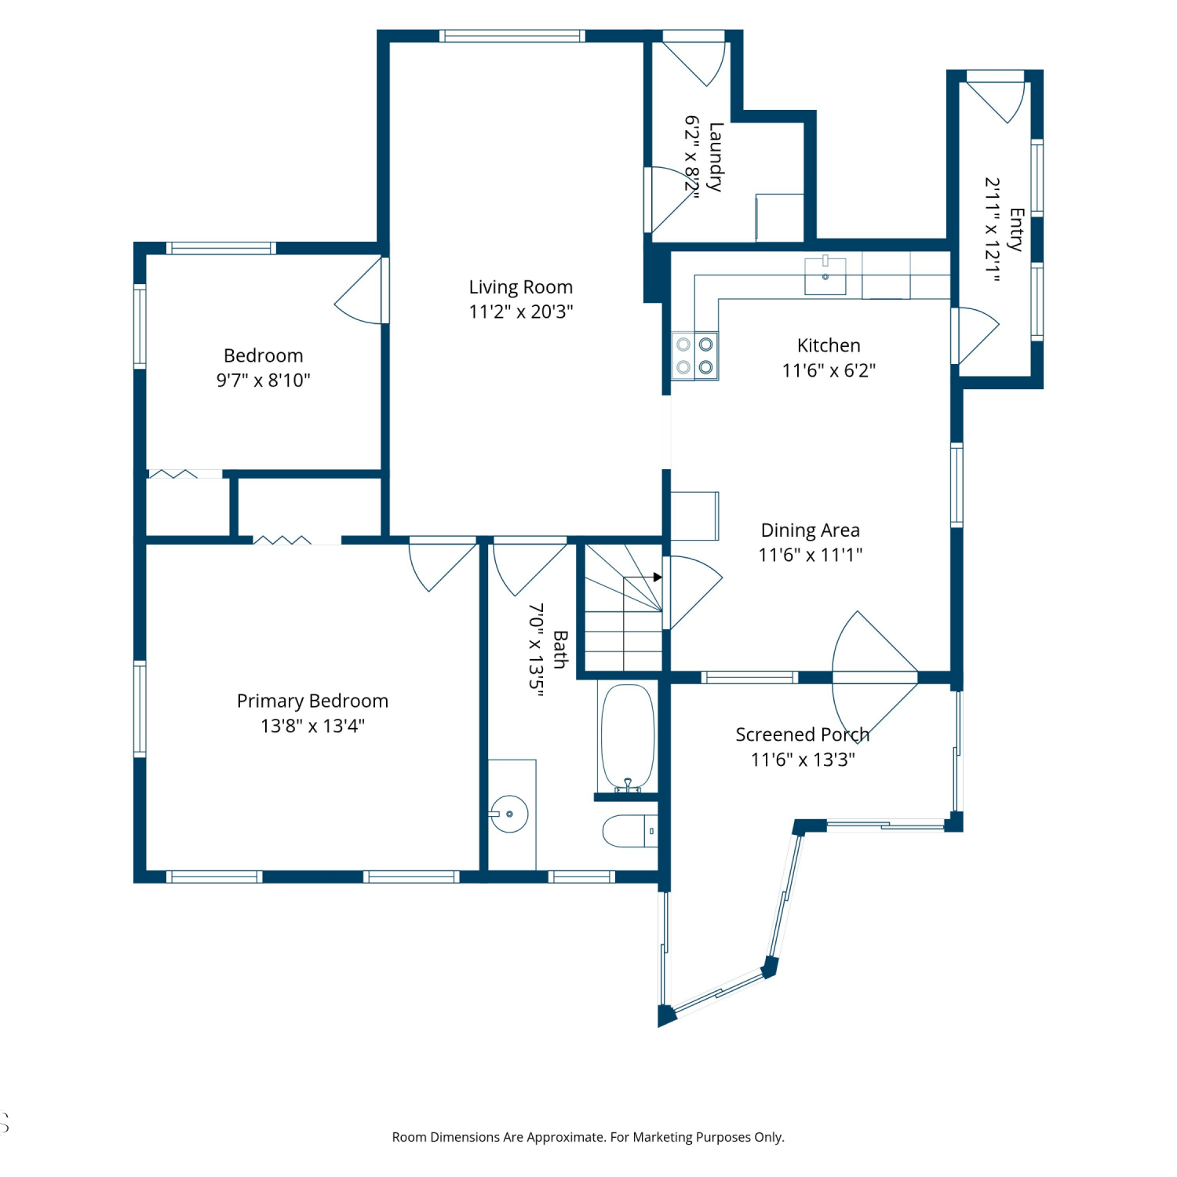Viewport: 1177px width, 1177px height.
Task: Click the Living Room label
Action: click(x=521, y=287)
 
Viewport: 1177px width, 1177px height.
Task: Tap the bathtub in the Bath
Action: click(x=628, y=738)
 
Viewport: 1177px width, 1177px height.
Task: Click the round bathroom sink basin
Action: click(x=509, y=814)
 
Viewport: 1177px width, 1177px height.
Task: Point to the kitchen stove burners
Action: click(x=695, y=355)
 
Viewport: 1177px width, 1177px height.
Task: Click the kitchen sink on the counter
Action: click(x=825, y=275)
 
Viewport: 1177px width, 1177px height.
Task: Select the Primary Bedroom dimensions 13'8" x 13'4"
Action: click(x=313, y=726)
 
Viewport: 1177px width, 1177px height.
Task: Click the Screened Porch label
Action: click(x=803, y=734)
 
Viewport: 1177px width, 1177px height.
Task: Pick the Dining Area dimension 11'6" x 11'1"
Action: click(x=811, y=555)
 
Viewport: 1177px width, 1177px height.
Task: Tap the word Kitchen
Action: click(x=829, y=345)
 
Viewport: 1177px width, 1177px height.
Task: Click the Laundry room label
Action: click(x=715, y=157)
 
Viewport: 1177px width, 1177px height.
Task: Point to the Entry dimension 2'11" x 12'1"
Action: click(x=993, y=229)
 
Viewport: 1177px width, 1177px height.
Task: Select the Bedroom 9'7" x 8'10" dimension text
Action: click(x=264, y=381)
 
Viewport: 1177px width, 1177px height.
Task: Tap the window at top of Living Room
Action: click(x=512, y=36)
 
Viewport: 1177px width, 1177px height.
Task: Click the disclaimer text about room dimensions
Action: click(x=588, y=1137)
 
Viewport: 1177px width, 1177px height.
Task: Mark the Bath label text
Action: click(x=560, y=650)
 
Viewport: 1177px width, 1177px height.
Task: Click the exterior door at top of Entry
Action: click(x=995, y=97)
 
